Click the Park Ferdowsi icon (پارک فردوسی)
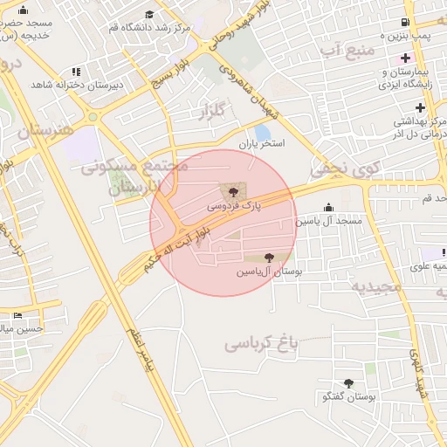[x=232, y=191]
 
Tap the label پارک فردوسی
[x=234, y=206]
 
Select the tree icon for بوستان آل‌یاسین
[x=268, y=258]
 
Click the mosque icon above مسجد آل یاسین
[x=328, y=207]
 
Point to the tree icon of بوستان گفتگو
[x=348, y=382]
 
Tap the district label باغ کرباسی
[x=262, y=343]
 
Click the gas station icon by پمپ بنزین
[x=404, y=22]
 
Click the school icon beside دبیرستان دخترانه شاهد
[x=76, y=71]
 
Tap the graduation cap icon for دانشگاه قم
[x=149, y=14]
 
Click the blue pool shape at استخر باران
[x=263, y=132]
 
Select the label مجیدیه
[x=377, y=285]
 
